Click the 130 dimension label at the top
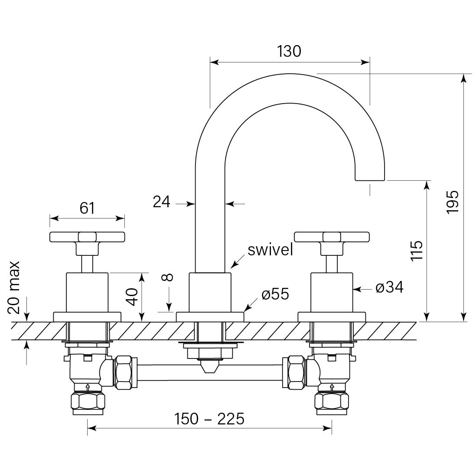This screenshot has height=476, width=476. pos(289,51)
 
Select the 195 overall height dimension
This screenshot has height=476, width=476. pos(452,201)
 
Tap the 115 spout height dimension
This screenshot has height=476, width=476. pos(416,250)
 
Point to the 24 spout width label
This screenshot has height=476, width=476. pos(162,202)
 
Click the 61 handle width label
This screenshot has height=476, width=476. pos(87,208)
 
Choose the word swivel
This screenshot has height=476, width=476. pos(270,250)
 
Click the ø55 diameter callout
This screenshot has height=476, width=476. pos(275,294)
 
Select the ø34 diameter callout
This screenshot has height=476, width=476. pos(389,287)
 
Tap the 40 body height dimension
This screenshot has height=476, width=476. pos(132,297)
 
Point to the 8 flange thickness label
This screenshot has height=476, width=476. pos(168,277)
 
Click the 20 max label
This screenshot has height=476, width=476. pos(15,287)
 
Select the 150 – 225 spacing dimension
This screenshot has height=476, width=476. pos(209,419)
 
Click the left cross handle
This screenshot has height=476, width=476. pos(87,237)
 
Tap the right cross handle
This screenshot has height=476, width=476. pos(332,237)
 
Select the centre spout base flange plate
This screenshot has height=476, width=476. pos(210,316)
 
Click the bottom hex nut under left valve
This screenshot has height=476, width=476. pos(88,401)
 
